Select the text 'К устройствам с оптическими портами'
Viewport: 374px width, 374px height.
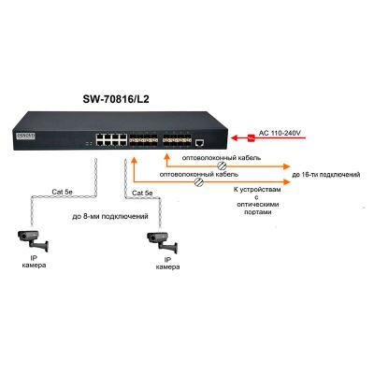pyautogui.click(x=252, y=200)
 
